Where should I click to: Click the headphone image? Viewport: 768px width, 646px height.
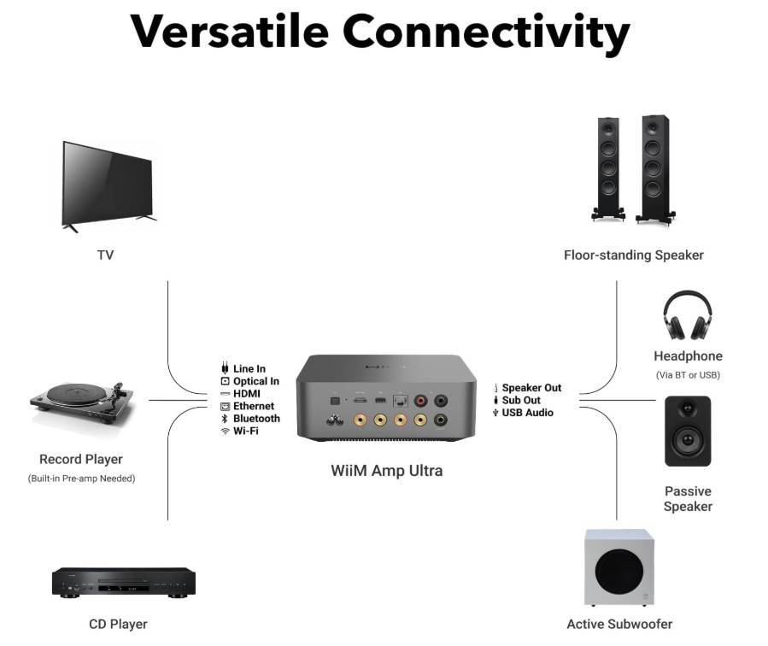(688, 315)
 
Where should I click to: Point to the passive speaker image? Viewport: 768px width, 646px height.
(688, 431)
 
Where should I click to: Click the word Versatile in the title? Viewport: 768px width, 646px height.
(228, 32)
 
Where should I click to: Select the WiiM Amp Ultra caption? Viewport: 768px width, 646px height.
(386, 471)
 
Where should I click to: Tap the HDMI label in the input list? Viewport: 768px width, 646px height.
(247, 394)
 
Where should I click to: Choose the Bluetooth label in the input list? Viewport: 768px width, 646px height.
(256, 419)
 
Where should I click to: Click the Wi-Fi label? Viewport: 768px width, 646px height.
(246, 431)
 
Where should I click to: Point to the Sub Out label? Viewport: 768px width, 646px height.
(521, 400)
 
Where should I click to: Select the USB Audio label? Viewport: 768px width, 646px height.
(527, 413)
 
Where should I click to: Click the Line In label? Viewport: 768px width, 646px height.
(249, 369)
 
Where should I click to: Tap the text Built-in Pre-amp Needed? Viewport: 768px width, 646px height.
(81, 479)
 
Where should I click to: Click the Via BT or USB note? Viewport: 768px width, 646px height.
(688, 374)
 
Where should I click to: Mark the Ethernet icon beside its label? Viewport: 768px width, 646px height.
(225, 407)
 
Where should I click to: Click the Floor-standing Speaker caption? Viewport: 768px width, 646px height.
(634, 255)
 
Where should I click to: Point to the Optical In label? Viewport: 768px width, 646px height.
(256, 381)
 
